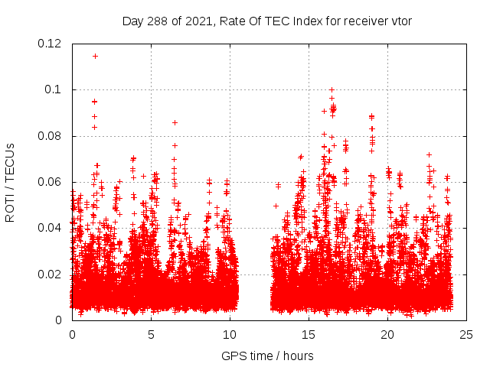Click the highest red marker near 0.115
(x=95, y=56)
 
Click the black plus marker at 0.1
(x=332, y=89)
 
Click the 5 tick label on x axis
(x=151, y=334)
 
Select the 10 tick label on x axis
(x=230, y=334)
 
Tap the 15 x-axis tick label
(x=309, y=334)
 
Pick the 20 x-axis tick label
(x=387, y=334)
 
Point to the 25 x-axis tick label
(x=466, y=334)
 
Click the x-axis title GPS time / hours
(x=267, y=356)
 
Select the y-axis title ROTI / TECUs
(x=11, y=182)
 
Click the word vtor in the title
(x=402, y=21)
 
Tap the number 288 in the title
(x=158, y=21)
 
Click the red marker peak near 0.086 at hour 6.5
(x=175, y=122)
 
